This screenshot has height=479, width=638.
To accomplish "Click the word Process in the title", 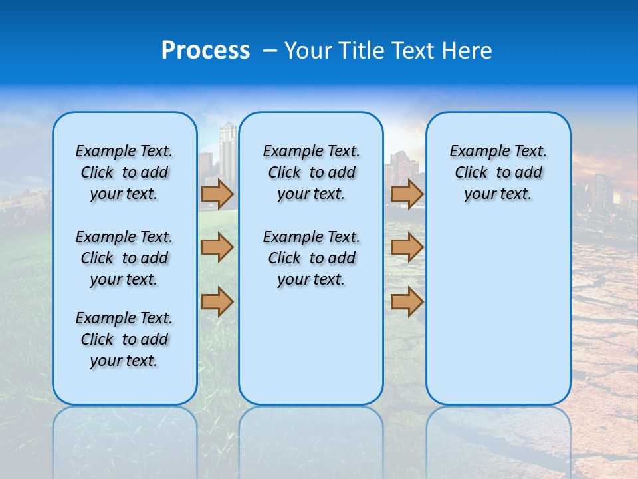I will (x=205, y=51).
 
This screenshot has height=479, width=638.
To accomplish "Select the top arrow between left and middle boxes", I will (x=217, y=194).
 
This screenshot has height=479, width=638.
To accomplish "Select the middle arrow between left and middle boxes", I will (x=217, y=247).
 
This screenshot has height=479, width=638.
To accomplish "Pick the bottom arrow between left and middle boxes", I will (x=217, y=301).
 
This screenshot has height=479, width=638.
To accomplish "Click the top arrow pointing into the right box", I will (x=407, y=194).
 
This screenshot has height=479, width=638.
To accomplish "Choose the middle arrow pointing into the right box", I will (x=407, y=247).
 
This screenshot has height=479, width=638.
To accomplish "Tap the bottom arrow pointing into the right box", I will (x=407, y=301).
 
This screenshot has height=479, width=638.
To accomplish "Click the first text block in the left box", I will (x=124, y=172).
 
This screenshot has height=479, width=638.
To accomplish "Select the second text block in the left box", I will (x=124, y=258).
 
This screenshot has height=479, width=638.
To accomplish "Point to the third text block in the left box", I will (x=124, y=339).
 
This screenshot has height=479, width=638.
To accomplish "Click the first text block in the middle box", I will (x=311, y=172).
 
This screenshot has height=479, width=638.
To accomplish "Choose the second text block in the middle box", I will (x=311, y=258).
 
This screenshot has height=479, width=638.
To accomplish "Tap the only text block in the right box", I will (x=498, y=172).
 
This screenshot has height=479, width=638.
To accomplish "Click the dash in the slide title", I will (x=270, y=51).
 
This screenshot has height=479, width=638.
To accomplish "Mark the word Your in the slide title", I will (x=308, y=51).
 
